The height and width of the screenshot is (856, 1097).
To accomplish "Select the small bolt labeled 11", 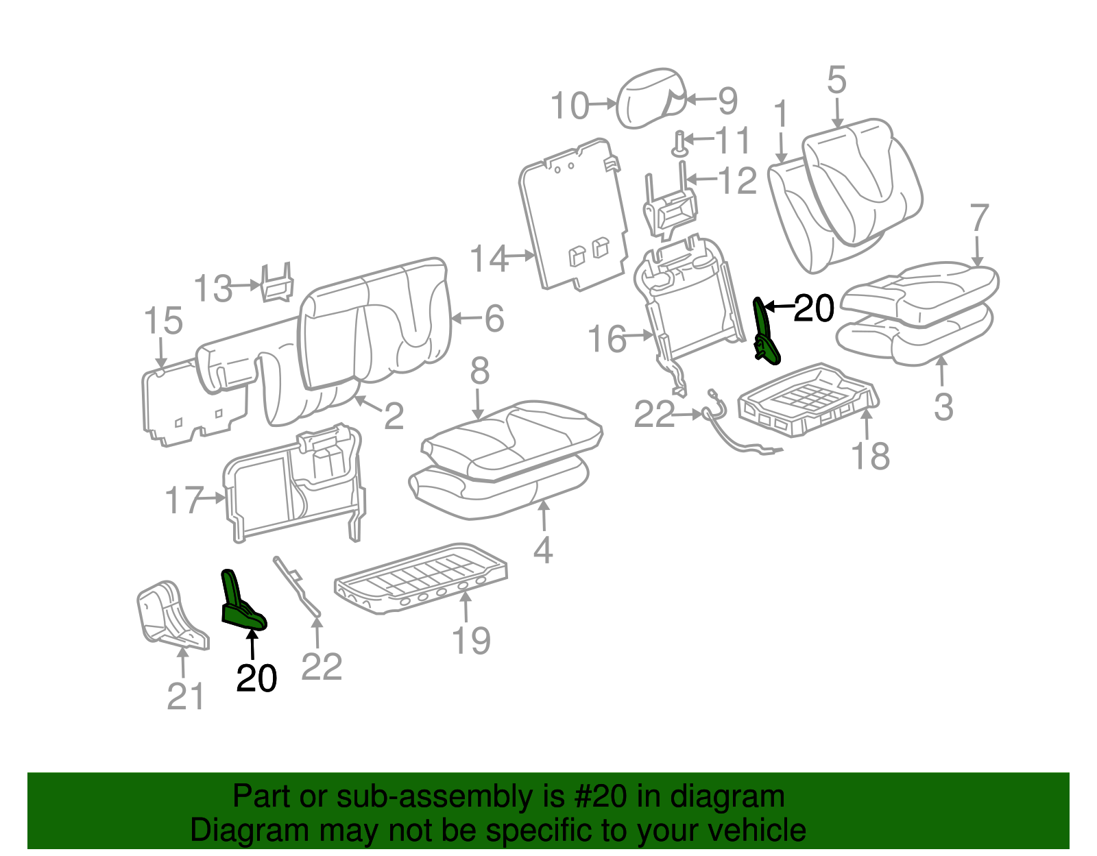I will pyautogui.click(x=679, y=143).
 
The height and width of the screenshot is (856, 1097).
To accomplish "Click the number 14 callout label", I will pyautogui.click(x=490, y=260).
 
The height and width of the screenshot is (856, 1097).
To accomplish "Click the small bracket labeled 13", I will pyautogui.click(x=276, y=282).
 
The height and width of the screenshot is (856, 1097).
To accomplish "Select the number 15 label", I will pyautogui.click(x=164, y=321).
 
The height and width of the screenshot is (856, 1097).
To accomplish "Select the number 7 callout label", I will pyautogui.click(x=979, y=218).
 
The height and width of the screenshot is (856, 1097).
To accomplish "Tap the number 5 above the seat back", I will pyautogui.click(x=836, y=81).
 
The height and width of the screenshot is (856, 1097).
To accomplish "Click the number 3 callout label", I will pyautogui.click(x=943, y=407).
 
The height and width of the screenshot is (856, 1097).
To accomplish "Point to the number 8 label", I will pyautogui.click(x=479, y=371).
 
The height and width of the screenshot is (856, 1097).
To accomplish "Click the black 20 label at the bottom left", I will pyautogui.click(x=256, y=678).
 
